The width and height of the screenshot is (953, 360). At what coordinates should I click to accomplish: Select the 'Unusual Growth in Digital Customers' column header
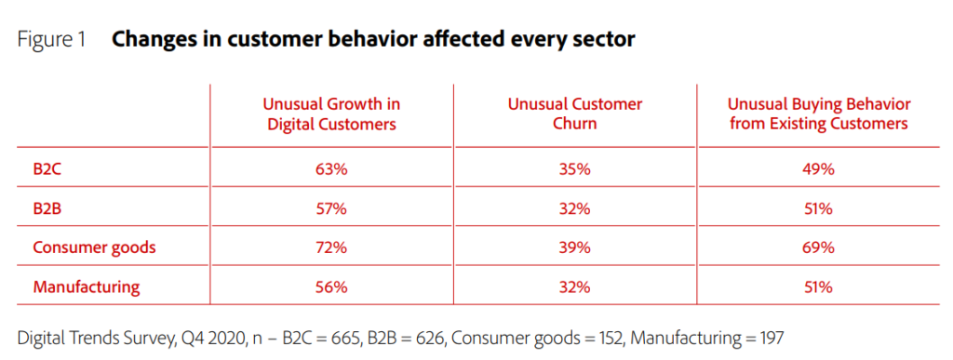(x=331, y=113)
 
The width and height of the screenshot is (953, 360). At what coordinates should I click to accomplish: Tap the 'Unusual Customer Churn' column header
(x=574, y=113)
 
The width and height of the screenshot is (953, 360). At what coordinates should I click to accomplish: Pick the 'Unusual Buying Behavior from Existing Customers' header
(x=820, y=113)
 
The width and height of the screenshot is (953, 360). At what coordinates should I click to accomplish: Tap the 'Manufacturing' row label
(x=87, y=287)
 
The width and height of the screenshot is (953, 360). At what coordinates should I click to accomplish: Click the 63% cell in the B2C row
(x=331, y=169)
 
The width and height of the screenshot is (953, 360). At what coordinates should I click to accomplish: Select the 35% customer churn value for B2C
(x=574, y=169)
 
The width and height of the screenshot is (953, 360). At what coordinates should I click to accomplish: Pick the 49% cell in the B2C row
(x=820, y=169)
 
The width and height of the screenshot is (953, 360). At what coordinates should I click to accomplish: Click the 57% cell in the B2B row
(x=331, y=208)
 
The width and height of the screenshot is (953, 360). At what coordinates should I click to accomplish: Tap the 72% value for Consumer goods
(x=331, y=247)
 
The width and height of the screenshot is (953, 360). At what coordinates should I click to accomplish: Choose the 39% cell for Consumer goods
(x=574, y=247)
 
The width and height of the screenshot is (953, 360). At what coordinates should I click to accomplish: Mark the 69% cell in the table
(x=820, y=247)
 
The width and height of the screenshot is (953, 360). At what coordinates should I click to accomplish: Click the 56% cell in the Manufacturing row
(x=331, y=287)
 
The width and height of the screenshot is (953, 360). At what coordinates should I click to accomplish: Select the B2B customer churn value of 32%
(x=574, y=208)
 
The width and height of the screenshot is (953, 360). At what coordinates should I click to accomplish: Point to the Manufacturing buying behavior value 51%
(x=820, y=287)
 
